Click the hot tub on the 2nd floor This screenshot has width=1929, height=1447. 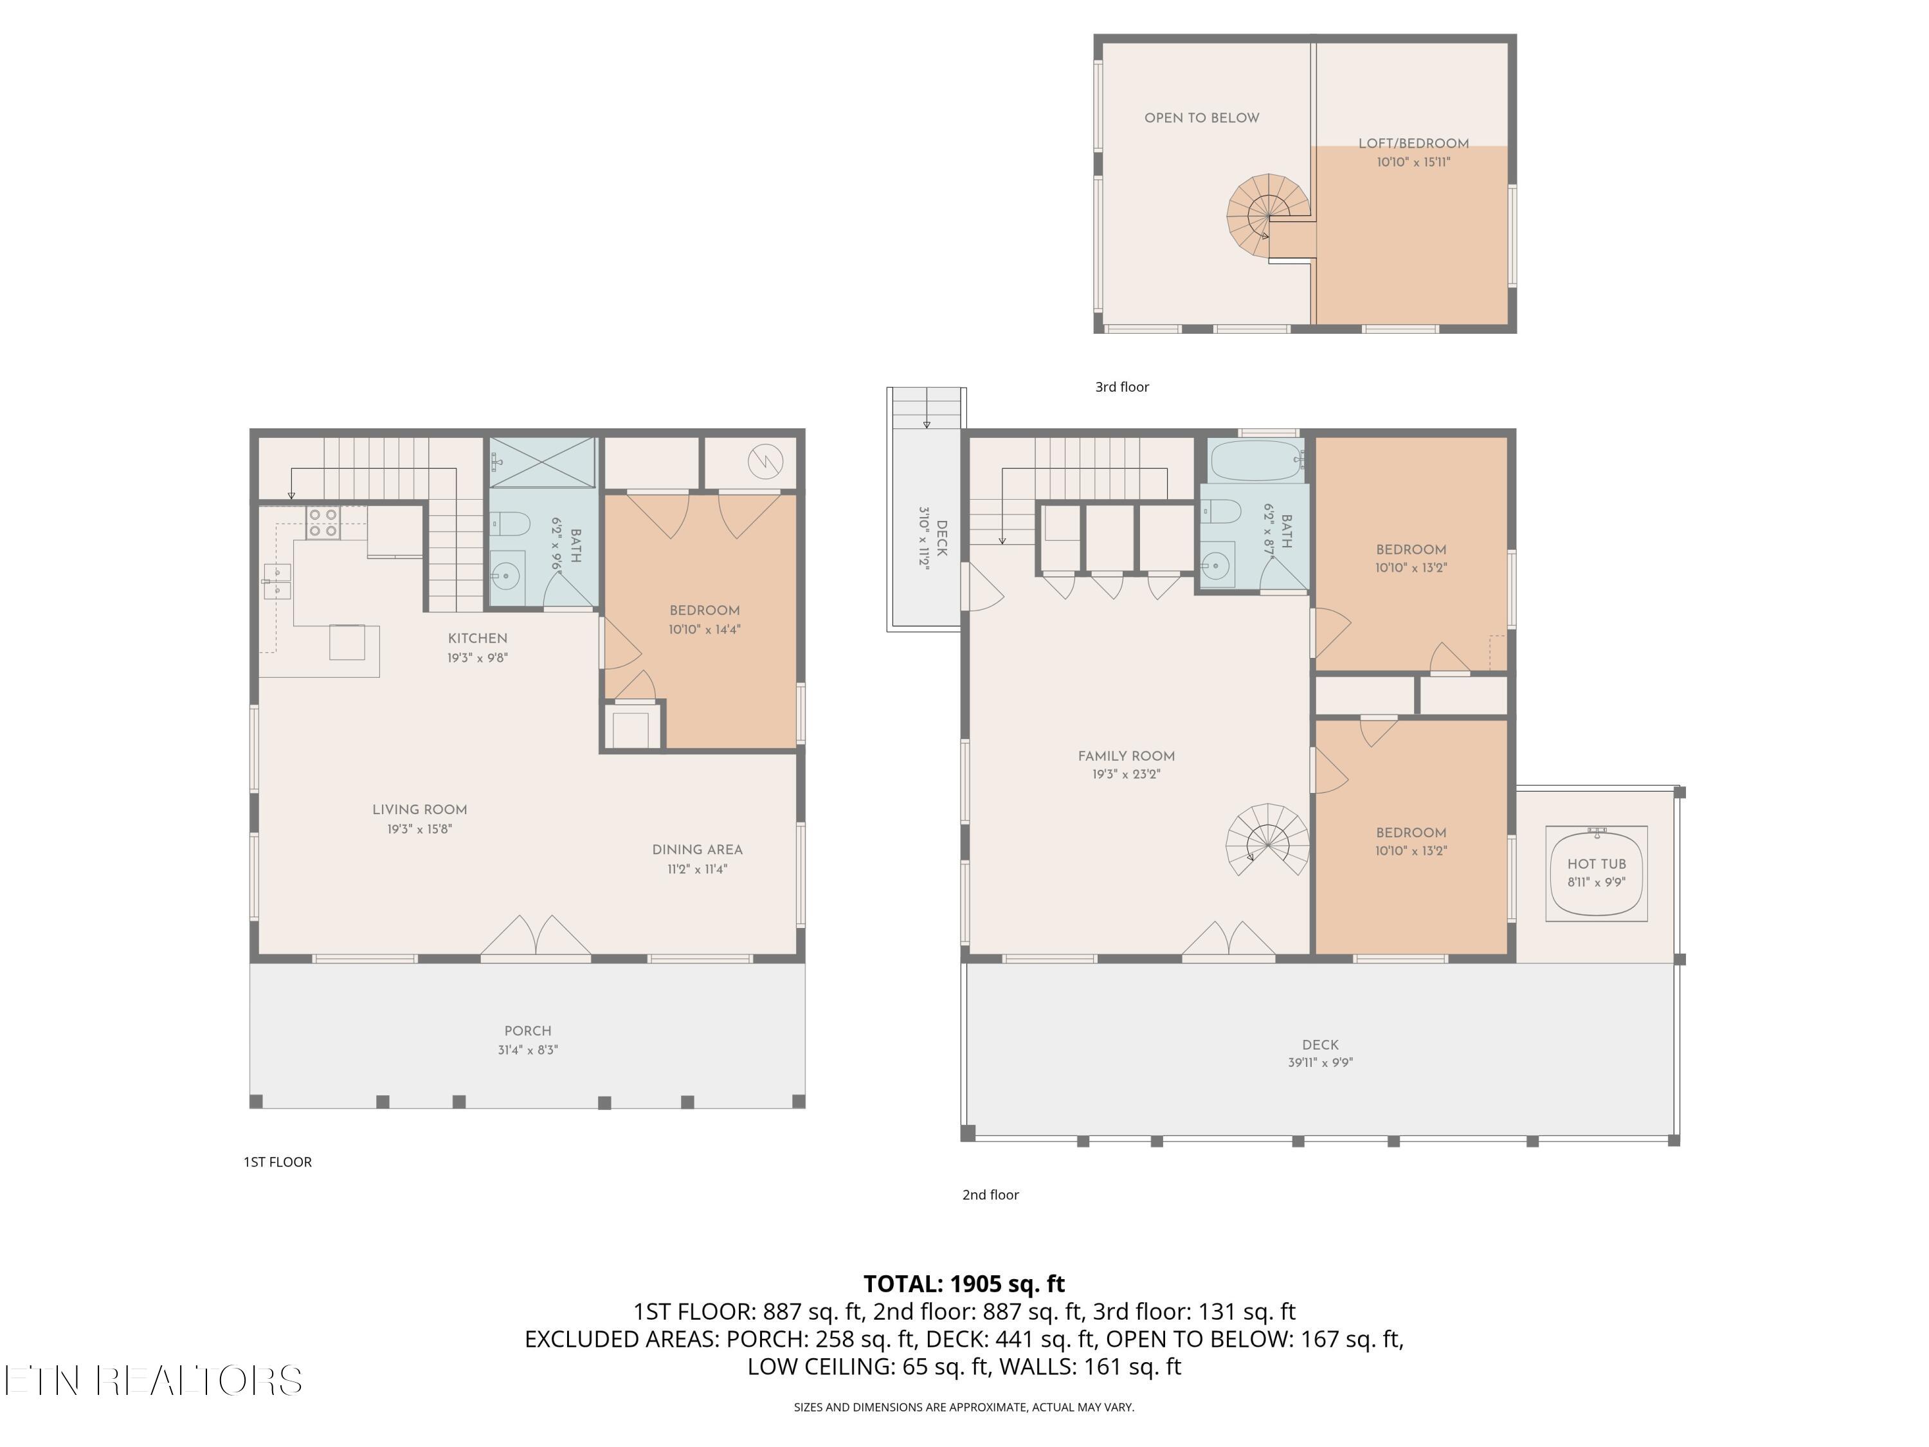pyautogui.click(x=1596, y=873)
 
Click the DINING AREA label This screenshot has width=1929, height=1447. pyautogui.click(x=697, y=850)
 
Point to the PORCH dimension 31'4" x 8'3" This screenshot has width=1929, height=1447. pyautogui.click(x=528, y=1050)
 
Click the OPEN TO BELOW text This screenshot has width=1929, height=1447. pyautogui.click(x=1202, y=118)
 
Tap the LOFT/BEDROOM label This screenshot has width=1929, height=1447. pyautogui.click(x=1413, y=143)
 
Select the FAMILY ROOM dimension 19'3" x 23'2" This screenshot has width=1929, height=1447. pyautogui.click(x=1126, y=774)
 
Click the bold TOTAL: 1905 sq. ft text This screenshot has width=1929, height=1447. pyautogui.click(x=964, y=1284)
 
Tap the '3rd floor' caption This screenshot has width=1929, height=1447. pyautogui.click(x=1122, y=387)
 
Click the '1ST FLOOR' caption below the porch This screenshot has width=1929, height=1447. pyautogui.click(x=277, y=1162)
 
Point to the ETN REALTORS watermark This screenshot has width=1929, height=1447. pyautogui.click(x=154, y=1381)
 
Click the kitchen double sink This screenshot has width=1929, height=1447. pyautogui.click(x=277, y=581)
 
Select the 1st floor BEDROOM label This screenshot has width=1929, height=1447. pyautogui.click(x=705, y=610)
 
